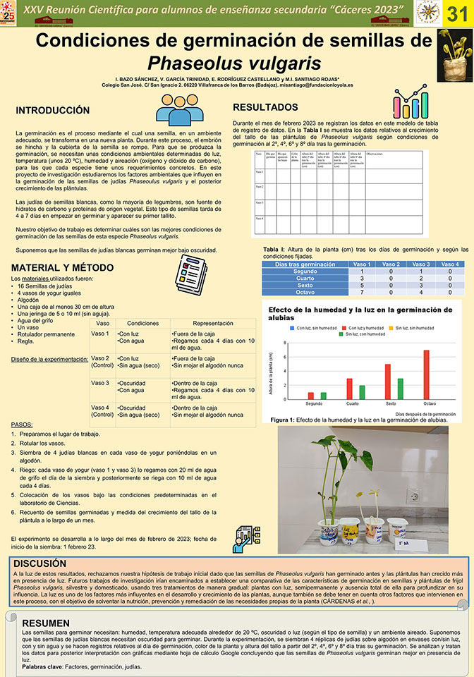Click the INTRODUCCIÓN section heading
[53, 111]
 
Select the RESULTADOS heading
[265, 107]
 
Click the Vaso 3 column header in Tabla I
[411, 264]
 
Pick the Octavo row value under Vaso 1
[362, 291]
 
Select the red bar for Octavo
[426, 374]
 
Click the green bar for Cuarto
[362, 392]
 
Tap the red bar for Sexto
[387, 382]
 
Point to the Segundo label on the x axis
[314, 404]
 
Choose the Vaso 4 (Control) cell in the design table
[102, 411]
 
